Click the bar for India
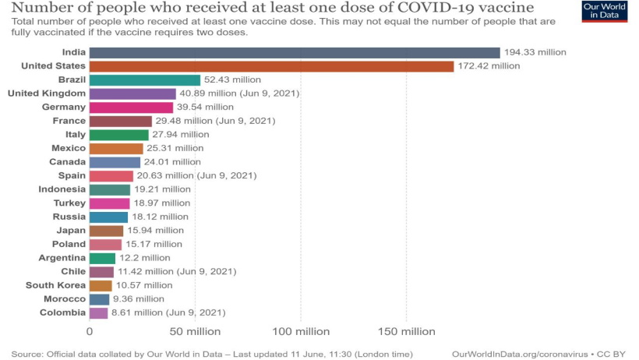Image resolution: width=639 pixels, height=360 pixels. pyautogui.click(x=295, y=52)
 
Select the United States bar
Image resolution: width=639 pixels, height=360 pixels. pyautogui.click(x=271, y=66)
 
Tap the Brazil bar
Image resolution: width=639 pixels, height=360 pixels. pyautogui.click(x=145, y=79)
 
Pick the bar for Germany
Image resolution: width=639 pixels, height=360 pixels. pyautogui.click(x=131, y=107)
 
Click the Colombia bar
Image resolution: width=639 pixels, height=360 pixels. pyautogui.click(x=98, y=312)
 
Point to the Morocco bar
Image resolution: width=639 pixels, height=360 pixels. pyautogui.click(x=99, y=298)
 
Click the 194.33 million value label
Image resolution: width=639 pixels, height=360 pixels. pyautogui.click(x=535, y=52)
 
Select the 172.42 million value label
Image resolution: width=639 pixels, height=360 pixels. pyautogui.click(x=489, y=66)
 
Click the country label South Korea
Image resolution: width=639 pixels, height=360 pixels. pyautogui.click(x=55, y=285)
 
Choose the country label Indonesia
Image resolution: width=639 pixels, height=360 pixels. pyautogui.click(x=62, y=189)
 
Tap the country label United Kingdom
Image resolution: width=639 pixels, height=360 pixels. pyautogui.click(x=47, y=94)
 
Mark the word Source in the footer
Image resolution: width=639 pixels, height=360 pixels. pyautogui.click(x=26, y=353)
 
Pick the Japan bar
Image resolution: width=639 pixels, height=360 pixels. pyautogui.click(x=106, y=231)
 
